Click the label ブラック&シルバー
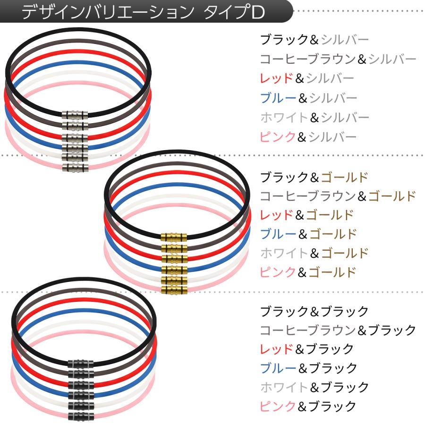tap(314, 40)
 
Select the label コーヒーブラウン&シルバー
tap(338, 59)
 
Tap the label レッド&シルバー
tap(307, 78)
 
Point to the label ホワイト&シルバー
tap(314, 117)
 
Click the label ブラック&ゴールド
tap(314, 178)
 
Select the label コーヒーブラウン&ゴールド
tap(338, 195)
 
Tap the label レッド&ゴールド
tap(307, 215)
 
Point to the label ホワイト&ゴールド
tap(314, 253)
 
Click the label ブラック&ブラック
tap(314, 312)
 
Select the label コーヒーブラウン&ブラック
tap(338, 330)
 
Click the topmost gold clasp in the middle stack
tap(174, 237)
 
